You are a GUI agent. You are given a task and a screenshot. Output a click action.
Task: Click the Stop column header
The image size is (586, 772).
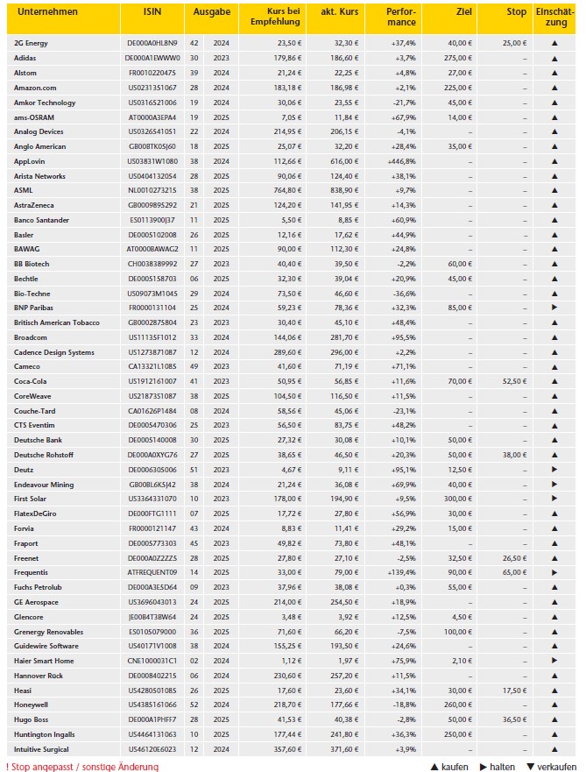click(x=516, y=13)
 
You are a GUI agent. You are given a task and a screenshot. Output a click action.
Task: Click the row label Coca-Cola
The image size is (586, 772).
click(x=30, y=381)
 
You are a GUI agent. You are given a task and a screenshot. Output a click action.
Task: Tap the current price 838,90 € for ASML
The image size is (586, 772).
click(x=342, y=190)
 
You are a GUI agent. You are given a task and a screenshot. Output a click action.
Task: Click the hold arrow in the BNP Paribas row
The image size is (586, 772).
click(x=554, y=308)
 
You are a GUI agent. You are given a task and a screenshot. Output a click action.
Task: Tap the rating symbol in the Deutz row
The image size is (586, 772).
click(x=554, y=470)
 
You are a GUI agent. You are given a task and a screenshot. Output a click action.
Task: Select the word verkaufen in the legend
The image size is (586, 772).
click(x=557, y=767)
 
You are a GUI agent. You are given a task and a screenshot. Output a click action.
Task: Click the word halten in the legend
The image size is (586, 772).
click(x=502, y=767)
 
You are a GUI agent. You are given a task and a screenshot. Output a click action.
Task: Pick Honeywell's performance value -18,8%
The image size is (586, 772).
click(x=403, y=705)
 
